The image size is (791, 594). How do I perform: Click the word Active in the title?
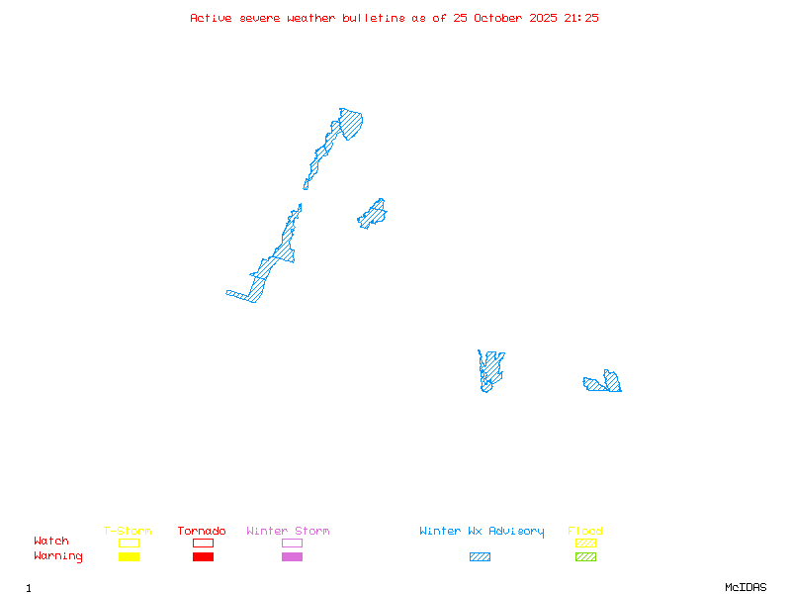click(x=211, y=18)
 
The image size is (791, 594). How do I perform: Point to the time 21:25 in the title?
click(x=581, y=18)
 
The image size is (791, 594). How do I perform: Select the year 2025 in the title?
click(x=544, y=18)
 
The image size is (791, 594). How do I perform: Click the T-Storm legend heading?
click(x=128, y=532)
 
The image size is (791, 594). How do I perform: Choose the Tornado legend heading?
click(x=202, y=532)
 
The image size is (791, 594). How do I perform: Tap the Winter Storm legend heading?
click(x=288, y=532)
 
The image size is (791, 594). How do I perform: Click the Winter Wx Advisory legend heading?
click(x=482, y=532)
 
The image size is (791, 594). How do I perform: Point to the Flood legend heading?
click(x=585, y=532)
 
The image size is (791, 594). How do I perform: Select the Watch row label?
click(x=51, y=542)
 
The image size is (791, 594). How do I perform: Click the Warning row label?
click(x=58, y=556)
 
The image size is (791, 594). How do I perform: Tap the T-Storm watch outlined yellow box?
click(x=129, y=543)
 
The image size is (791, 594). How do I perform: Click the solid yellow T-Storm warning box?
click(x=129, y=557)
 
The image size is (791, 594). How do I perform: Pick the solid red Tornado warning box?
click(x=203, y=557)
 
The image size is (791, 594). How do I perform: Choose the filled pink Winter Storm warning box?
click(x=292, y=557)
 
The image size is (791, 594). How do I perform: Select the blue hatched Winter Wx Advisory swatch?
click(x=480, y=557)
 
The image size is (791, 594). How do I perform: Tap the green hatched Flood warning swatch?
click(x=585, y=557)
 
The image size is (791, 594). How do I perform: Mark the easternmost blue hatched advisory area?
click(x=605, y=383)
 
